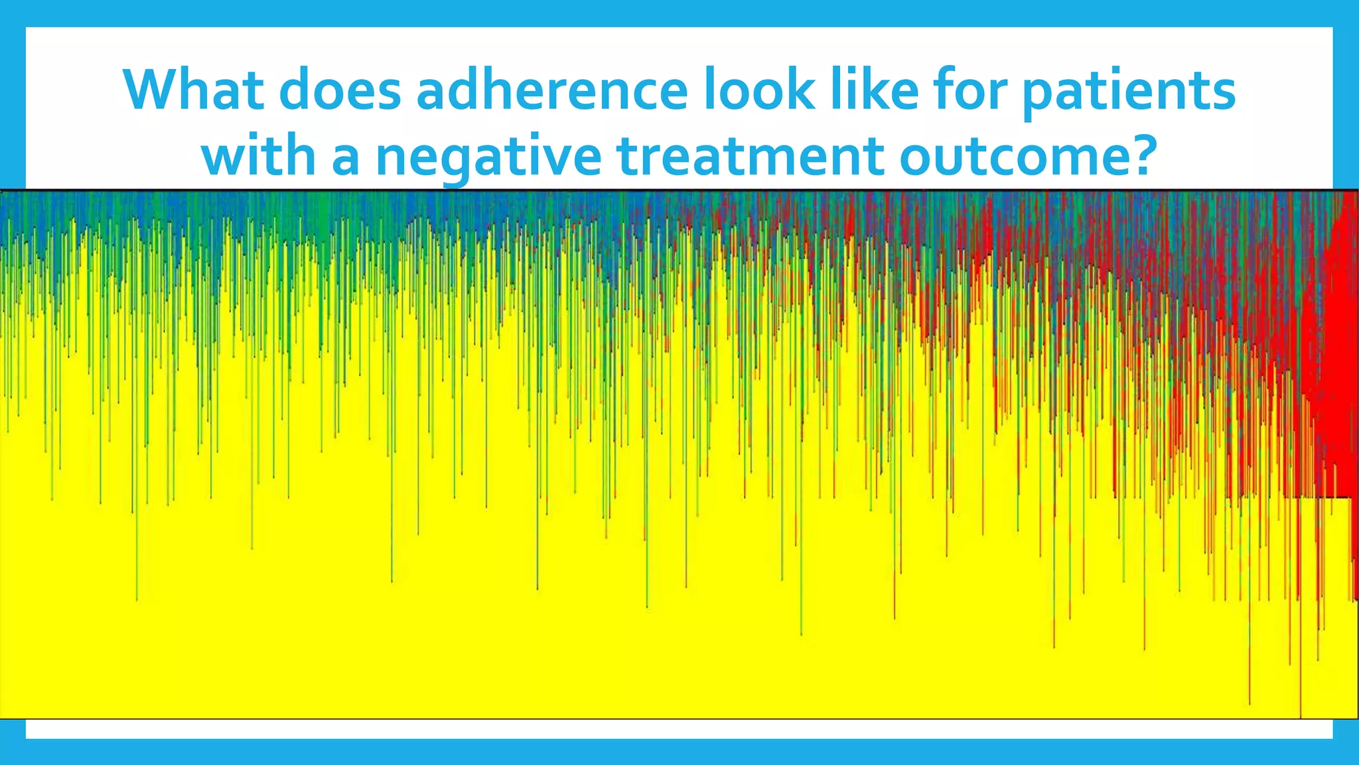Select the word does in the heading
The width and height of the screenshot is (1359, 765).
pyautogui.click(x=341, y=90)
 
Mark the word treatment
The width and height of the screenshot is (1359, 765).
pyautogui.click(x=750, y=156)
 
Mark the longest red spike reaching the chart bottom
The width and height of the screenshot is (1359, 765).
pyautogui.click(x=1301, y=664)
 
